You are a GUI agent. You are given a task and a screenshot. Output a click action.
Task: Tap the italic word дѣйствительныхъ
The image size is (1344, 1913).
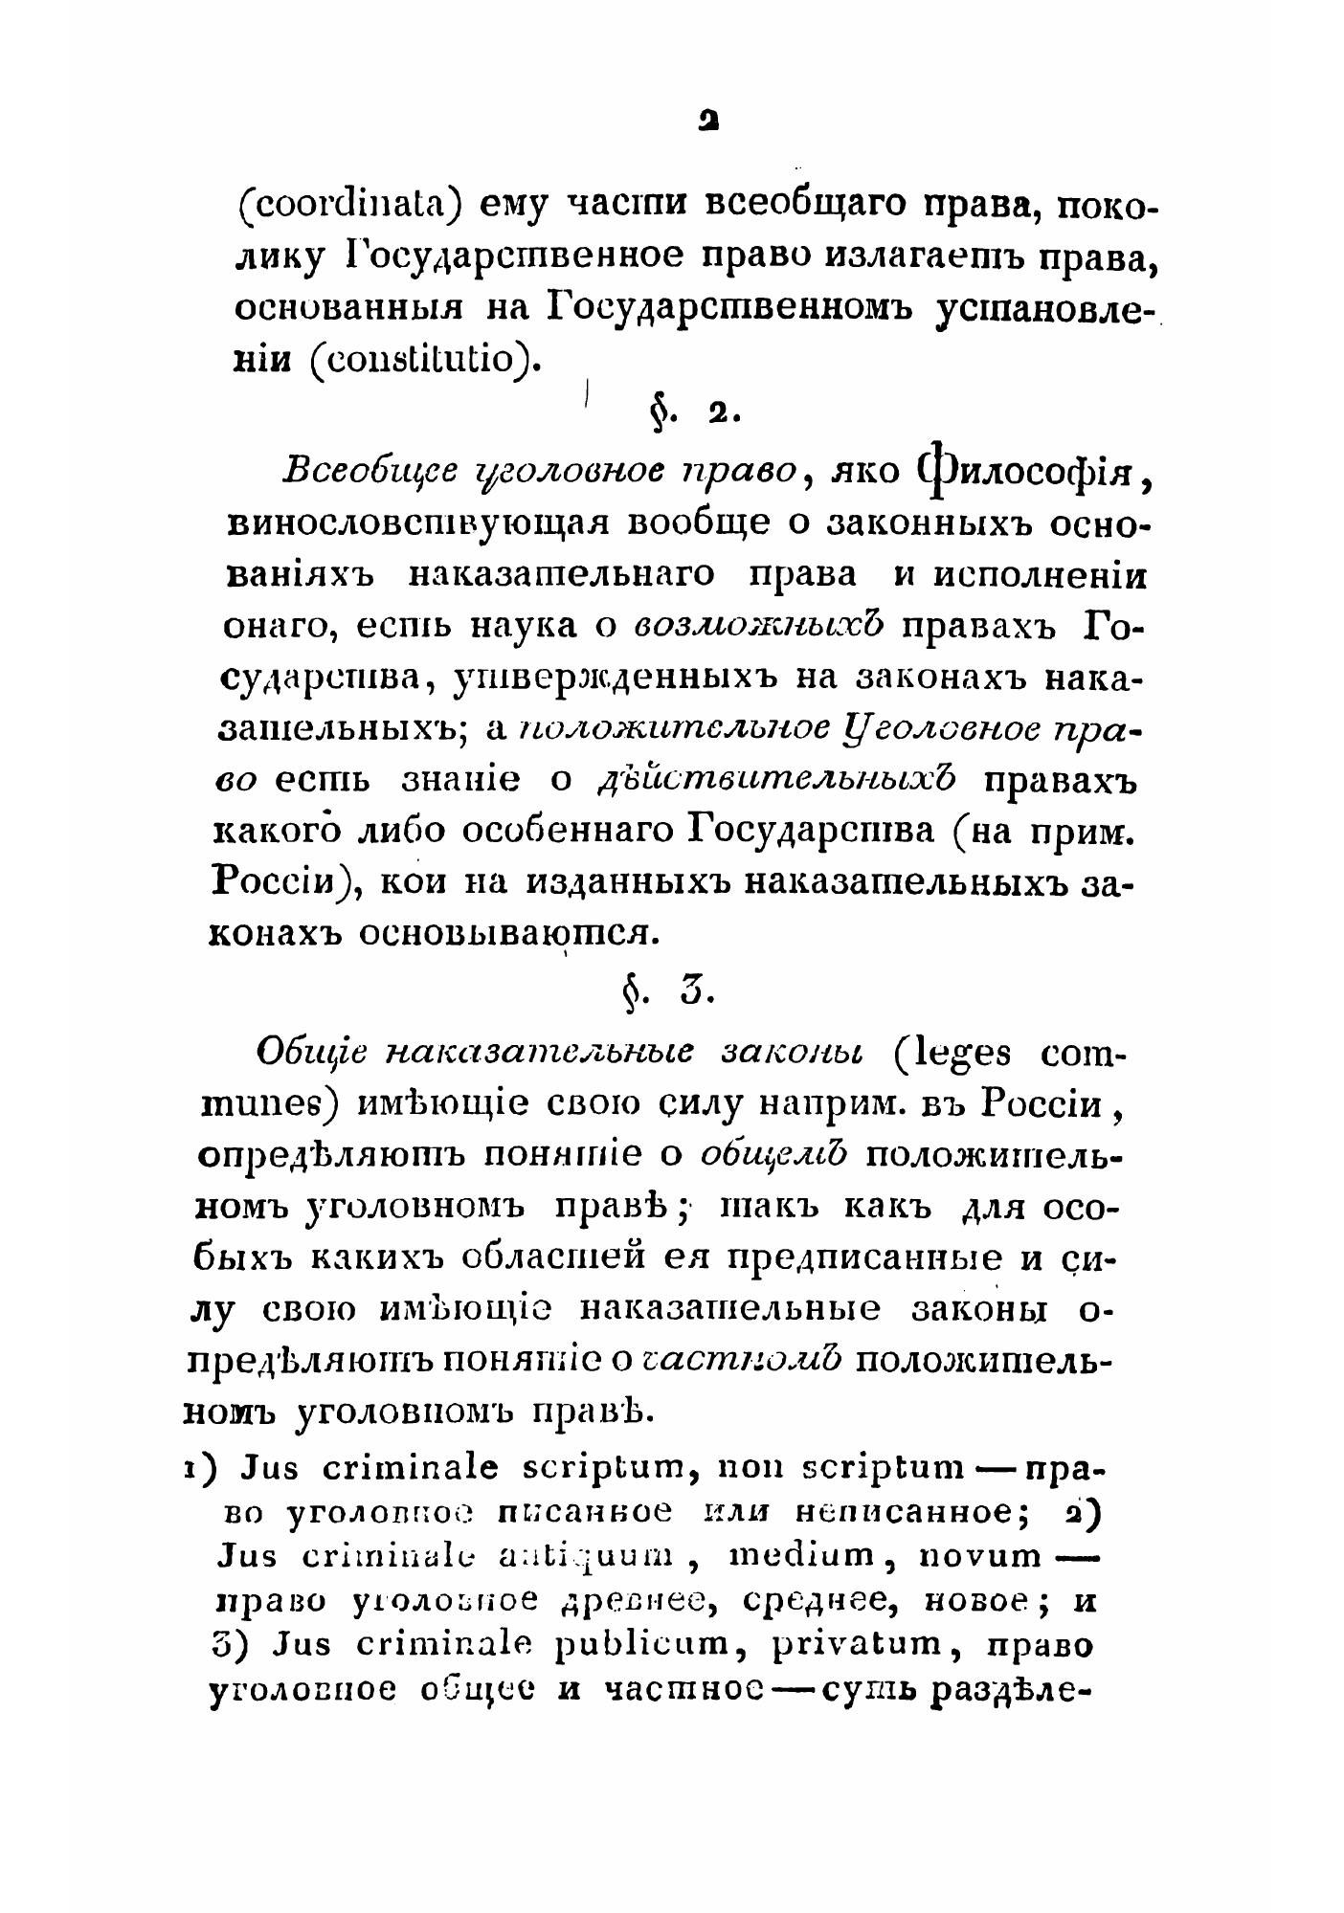pos(776,779)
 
